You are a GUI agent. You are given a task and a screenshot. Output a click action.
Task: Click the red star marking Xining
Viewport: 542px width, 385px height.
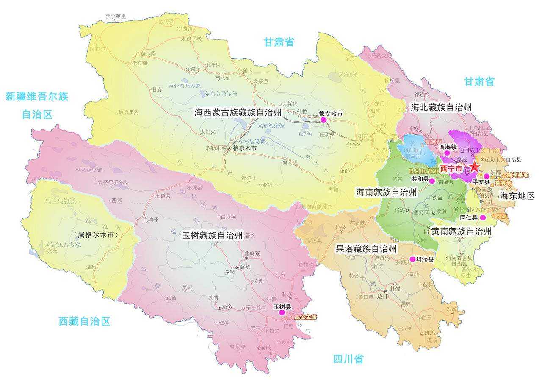pos(475,167)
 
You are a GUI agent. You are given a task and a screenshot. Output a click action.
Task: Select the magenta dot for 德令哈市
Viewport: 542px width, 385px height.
pos(324,120)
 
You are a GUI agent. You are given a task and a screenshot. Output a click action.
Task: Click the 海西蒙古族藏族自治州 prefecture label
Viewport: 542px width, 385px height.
pos(238,112)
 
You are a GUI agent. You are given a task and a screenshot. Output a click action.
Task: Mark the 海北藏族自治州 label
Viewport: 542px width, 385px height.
pos(441,107)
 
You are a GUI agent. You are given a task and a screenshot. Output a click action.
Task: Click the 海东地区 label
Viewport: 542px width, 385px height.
pos(517,195)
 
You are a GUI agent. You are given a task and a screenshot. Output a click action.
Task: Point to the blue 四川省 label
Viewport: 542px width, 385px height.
pos(348,360)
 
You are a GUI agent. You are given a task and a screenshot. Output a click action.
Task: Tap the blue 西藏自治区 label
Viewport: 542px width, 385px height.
pos(84,321)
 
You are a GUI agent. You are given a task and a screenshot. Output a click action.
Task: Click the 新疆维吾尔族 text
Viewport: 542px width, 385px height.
pos(37,96)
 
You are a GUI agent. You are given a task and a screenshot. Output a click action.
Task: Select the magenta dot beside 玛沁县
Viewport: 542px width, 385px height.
pos(412,259)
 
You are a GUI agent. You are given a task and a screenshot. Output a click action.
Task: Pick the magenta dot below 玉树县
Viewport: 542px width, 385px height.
pos(282,312)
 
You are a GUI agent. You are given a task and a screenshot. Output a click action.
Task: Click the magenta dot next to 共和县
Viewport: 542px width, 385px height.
pos(432,181)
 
